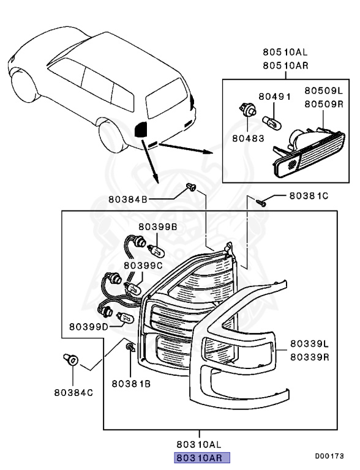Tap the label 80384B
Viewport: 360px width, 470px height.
click(x=129, y=199)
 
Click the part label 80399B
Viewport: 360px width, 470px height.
click(x=157, y=226)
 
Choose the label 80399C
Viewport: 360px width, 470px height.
click(x=143, y=266)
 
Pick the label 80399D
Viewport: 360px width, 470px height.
click(x=89, y=326)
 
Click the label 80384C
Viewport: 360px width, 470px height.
click(x=73, y=392)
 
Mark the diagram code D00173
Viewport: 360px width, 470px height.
click(x=329, y=456)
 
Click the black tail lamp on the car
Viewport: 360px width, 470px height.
click(x=141, y=129)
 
